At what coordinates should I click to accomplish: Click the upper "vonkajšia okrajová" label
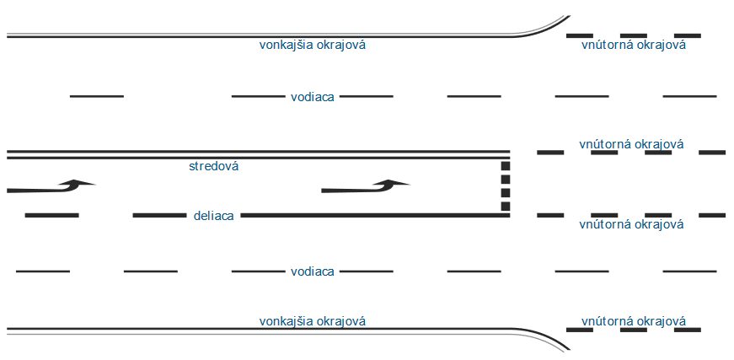(313, 46)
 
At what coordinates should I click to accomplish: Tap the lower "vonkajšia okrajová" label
(313, 321)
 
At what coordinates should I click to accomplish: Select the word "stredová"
(213, 166)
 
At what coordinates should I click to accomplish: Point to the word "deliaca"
(213, 217)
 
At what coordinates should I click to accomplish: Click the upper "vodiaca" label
(313, 97)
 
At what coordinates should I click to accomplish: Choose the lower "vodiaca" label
(313, 272)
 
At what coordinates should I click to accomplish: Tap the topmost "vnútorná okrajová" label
(634, 45)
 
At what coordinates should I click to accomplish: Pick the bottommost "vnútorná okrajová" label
(634, 321)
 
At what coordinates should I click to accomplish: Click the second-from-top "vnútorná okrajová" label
(631, 143)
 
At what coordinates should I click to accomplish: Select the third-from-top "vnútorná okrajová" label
(631, 224)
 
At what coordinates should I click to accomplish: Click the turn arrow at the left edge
(51, 186)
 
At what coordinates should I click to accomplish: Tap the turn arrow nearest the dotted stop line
(366, 186)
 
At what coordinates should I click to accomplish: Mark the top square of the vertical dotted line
(506, 166)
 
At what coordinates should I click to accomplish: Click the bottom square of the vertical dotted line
(506, 207)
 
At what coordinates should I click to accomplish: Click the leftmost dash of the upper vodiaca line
(97, 96)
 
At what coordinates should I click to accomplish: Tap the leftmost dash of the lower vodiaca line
(43, 271)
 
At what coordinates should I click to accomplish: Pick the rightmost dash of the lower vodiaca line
(689, 271)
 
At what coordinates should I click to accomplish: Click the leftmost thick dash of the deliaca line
(52, 215)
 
